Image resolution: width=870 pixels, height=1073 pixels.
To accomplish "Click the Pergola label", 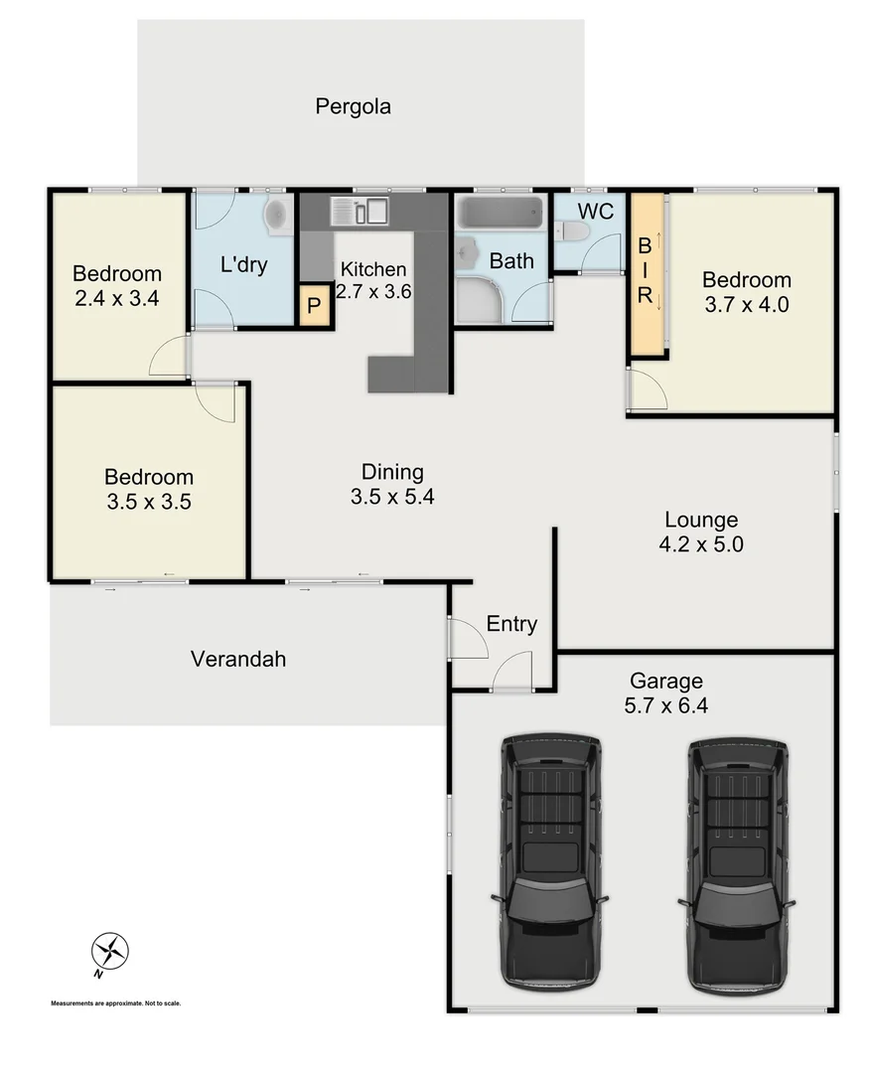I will point(353,106).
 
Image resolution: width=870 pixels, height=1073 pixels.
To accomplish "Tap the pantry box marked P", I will point(314,307).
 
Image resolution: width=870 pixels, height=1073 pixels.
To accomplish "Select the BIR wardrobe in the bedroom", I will point(646,273).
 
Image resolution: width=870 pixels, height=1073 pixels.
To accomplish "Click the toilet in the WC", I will point(574,231).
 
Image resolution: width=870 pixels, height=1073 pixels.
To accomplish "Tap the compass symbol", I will point(110,952).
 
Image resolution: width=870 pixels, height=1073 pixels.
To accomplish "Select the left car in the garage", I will point(550,860).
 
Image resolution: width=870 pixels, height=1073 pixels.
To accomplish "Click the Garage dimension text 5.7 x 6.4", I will point(666,707).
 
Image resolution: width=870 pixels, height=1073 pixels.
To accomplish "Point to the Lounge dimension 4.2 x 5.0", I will point(701,544).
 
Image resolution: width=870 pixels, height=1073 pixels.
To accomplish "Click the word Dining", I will point(392,472).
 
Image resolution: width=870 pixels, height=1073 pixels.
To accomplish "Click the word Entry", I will point(511,624).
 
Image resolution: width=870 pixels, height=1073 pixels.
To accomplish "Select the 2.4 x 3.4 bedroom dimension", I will point(117,296).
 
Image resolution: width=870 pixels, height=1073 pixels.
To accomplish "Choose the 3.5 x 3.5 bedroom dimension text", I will point(149,502).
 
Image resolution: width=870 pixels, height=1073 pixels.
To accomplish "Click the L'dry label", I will point(242,265).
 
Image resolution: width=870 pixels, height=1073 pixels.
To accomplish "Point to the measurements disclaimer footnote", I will point(116,1003).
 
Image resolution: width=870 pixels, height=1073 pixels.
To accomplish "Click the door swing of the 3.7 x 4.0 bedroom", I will point(648,389).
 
